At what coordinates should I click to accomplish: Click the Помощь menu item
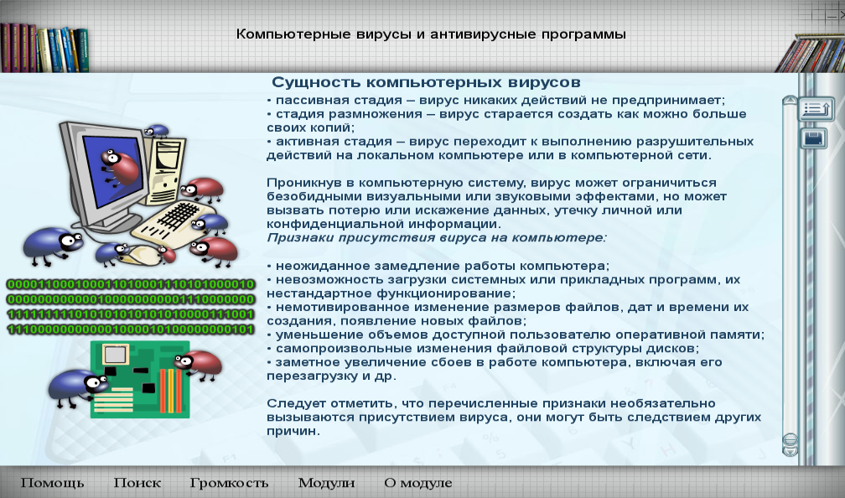pyautogui.click(x=52, y=483)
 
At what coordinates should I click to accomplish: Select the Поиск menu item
pyautogui.click(x=137, y=483)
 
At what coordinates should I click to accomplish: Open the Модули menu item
pyautogui.click(x=327, y=483)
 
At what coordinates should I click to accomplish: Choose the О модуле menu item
pyautogui.click(x=418, y=483)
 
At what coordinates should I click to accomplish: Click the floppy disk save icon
pyautogui.click(x=814, y=138)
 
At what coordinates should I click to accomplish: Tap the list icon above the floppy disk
pyautogui.click(x=816, y=109)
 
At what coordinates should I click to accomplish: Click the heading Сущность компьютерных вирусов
pyautogui.click(x=426, y=82)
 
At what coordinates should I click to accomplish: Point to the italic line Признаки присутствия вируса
pyautogui.click(x=437, y=238)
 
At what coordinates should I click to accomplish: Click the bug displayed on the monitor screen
pyautogui.click(x=120, y=166)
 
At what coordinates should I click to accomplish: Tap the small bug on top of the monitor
pyautogui.click(x=156, y=130)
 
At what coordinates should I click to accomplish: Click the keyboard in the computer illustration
pyautogui.click(x=170, y=222)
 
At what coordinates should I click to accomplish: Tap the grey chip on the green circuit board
pyautogui.click(x=116, y=355)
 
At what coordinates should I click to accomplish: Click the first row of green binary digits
pyautogui.click(x=131, y=284)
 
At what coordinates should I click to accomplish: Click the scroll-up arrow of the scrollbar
pyautogui.click(x=790, y=101)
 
